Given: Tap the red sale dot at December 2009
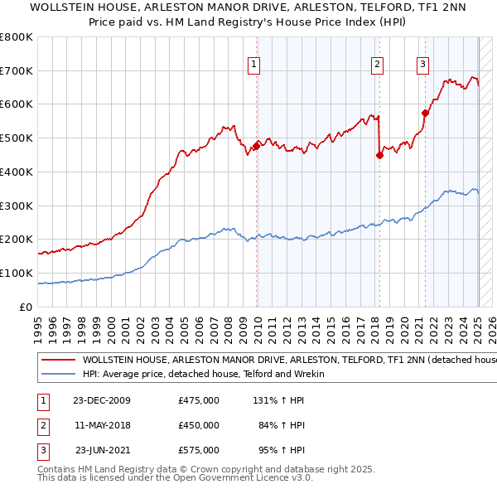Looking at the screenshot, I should [x=256, y=146].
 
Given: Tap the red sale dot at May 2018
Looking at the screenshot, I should [x=379, y=154].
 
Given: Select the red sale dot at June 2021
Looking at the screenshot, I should [x=425, y=113].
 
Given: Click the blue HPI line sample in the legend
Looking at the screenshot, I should [x=58, y=374].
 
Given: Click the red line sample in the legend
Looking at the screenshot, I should [x=58, y=361].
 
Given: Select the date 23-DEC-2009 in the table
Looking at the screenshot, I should [x=102, y=399].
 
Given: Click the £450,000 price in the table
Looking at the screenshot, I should [x=198, y=425].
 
